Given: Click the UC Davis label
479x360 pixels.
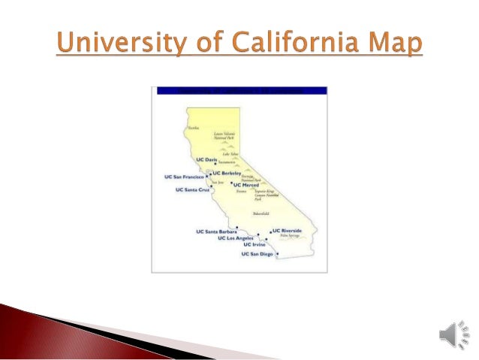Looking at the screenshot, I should pyautogui.click(x=205, y=160).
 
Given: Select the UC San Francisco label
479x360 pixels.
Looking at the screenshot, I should pyautogui.click(x=183, y=177).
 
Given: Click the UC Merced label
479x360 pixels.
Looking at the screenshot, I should pyautogui.click(x=246, y=185).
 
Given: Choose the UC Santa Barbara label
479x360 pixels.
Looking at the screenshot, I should pyautogui.click(x=215, y=231).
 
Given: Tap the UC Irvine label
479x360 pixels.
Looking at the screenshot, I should pyautogui.click(x=255, y=246).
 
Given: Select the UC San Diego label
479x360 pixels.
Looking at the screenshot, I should pyautogui.click(x=257, y=254).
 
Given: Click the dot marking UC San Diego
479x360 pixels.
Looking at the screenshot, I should pyautogui.click(x=277, y=254).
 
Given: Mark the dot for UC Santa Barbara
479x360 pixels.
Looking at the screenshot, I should pyautogui.click(x=237, y=227).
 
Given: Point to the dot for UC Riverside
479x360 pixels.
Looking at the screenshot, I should pyautogui.click(x=270, y=231).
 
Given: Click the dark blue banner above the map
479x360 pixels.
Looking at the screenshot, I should pyautogui.click(x=240, y=90).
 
